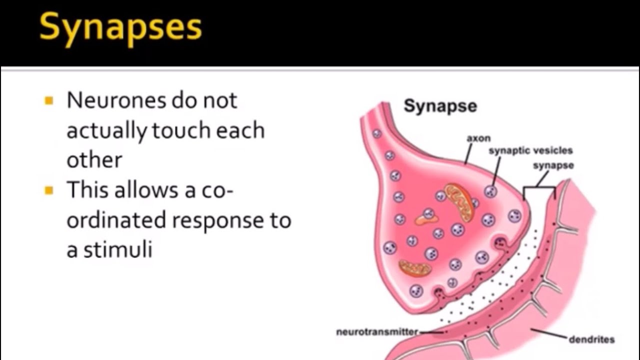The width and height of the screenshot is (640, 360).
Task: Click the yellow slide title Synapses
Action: point(120,27)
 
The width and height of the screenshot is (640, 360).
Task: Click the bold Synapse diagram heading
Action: point(440,106)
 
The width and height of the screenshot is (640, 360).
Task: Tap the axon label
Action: point(478,138)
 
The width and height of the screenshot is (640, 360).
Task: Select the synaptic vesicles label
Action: point(530,150)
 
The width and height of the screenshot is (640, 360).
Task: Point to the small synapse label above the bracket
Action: point(553,165)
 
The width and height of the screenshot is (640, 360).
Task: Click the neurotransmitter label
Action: point(376,331)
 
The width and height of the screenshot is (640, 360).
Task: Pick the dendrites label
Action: point(591,339)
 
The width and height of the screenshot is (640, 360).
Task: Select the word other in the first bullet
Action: point(94,160)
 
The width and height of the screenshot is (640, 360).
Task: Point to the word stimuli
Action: point(117,249)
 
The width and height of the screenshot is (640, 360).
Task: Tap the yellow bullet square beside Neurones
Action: point(48,101)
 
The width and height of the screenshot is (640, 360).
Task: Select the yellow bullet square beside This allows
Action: point(48,190)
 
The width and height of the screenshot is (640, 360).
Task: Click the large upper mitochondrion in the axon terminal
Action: point(459,201)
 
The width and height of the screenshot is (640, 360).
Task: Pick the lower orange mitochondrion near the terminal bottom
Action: point(415,268)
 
